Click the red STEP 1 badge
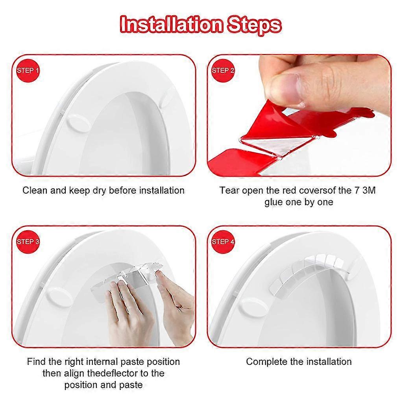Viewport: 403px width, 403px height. coord(28,71)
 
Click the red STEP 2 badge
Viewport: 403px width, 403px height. coord(223,71)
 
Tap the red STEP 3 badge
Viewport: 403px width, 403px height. coord(28,242)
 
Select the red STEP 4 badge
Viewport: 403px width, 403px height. coord(223,242)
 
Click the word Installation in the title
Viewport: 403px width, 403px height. coord(171,24)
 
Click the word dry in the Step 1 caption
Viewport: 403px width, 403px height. coord(100,190)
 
